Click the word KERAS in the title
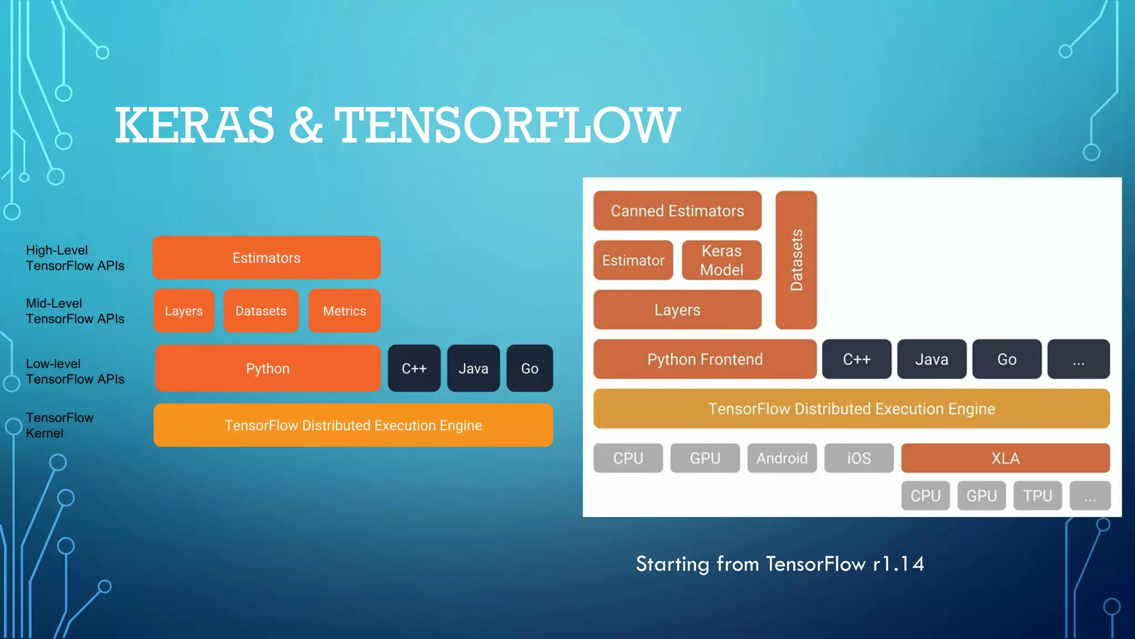pos(194,125)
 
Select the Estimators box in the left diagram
pos(267,258)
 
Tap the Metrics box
pos(344,311)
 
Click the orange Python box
pos(268,369)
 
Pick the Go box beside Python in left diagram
pos(529,369)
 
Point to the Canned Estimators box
pos(677,211)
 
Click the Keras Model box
pos(721,260)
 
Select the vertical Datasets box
pos(796,260)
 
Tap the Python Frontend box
pos(705,359)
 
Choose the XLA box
pos(1005,458)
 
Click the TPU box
pos(1037,495)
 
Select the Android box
pos(782,458)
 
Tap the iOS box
pos(859,458)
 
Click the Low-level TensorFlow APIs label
pos(75,371)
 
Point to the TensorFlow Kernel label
pos(59,425)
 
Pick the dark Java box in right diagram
pos(932,359)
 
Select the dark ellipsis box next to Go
pos(1078,359)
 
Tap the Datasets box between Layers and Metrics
pos(261,311)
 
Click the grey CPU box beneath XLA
pos(926,495)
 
